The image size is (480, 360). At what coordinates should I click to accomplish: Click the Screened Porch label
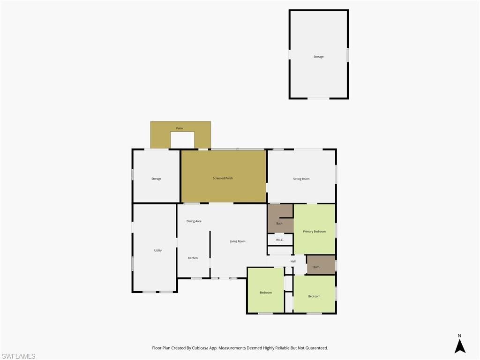coord(223,178)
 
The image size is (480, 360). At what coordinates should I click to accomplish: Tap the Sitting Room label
coord(301,179)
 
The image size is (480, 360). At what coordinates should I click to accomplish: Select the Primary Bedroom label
coord(314,232)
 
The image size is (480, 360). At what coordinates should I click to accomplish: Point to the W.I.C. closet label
coord(279,240)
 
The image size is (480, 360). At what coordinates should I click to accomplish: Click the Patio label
coord(180,128)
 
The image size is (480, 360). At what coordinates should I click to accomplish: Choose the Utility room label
coord(158,250)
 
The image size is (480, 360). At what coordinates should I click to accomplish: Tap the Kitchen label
coord(193,258)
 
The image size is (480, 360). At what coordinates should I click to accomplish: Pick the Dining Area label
coord(194,221)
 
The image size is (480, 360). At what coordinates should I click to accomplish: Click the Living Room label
coord(238,241)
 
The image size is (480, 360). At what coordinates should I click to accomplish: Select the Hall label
coord(293,262)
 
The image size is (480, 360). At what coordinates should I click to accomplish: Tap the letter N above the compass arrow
coord(459,336)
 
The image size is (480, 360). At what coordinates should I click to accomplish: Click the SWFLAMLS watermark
coord(18,356)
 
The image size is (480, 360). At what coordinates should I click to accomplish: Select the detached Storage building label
coord(319,57)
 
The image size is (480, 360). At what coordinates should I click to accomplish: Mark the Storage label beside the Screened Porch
coord(156,179)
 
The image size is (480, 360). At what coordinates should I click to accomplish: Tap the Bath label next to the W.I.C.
coord(279,224)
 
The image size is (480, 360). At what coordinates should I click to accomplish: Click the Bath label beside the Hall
coord(316,267)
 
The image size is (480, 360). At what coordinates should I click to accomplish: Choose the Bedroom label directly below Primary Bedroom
coord(314,296)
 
